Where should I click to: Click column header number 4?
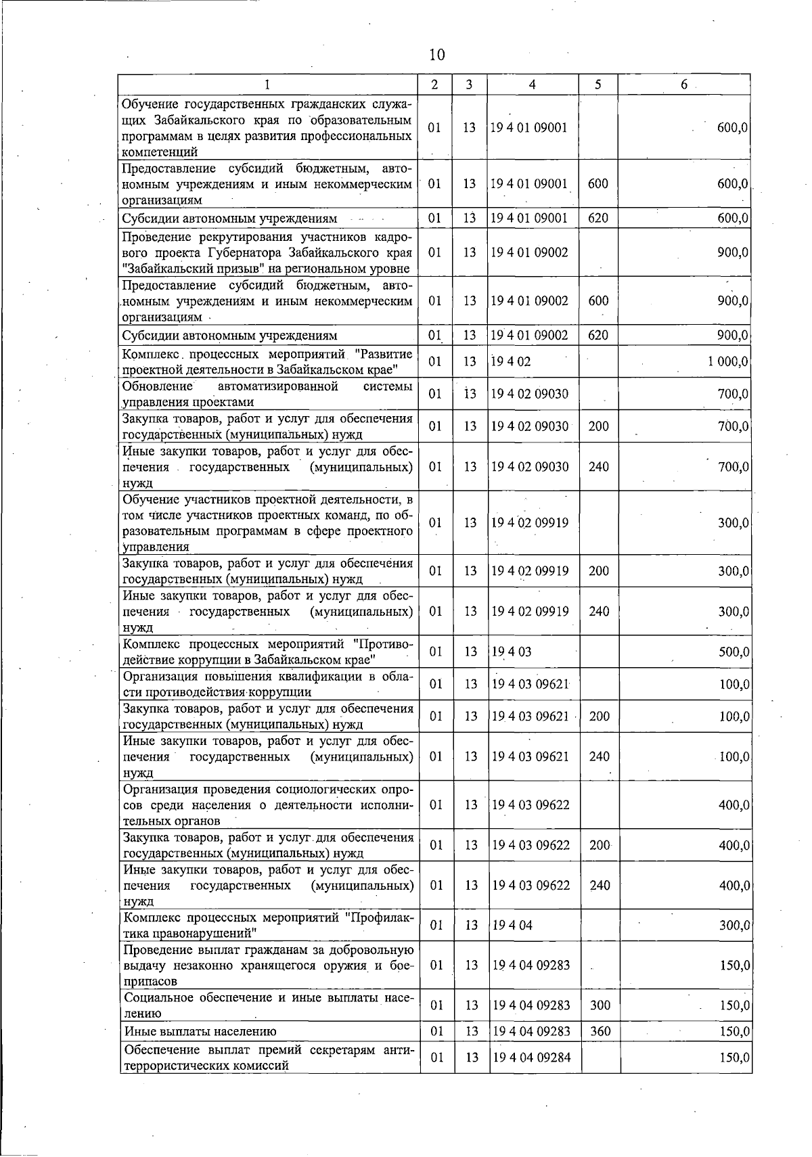533,85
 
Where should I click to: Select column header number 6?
684,85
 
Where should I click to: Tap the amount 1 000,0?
727,361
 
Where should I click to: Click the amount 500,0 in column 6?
733,652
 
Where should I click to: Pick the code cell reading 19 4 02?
512,361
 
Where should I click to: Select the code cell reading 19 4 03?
512,652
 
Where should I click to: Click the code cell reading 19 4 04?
512,925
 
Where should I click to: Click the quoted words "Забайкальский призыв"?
184,269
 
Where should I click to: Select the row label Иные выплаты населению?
200,1032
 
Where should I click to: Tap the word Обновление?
158,386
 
